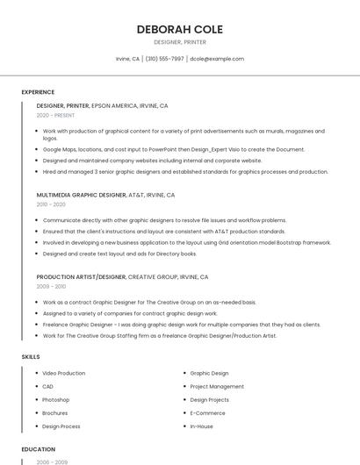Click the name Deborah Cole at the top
180,29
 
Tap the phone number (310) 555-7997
164,59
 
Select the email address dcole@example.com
217,59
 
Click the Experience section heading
38,92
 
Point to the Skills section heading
31,357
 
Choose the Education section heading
39,449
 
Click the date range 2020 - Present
55,115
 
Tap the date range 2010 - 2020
51,204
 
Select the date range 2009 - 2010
51,286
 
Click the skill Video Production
64,373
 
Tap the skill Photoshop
56,399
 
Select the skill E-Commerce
207,412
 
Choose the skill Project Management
217,386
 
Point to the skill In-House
201,426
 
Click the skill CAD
48,386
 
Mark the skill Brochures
55,412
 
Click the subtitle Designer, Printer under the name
180,42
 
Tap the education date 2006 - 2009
51,461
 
